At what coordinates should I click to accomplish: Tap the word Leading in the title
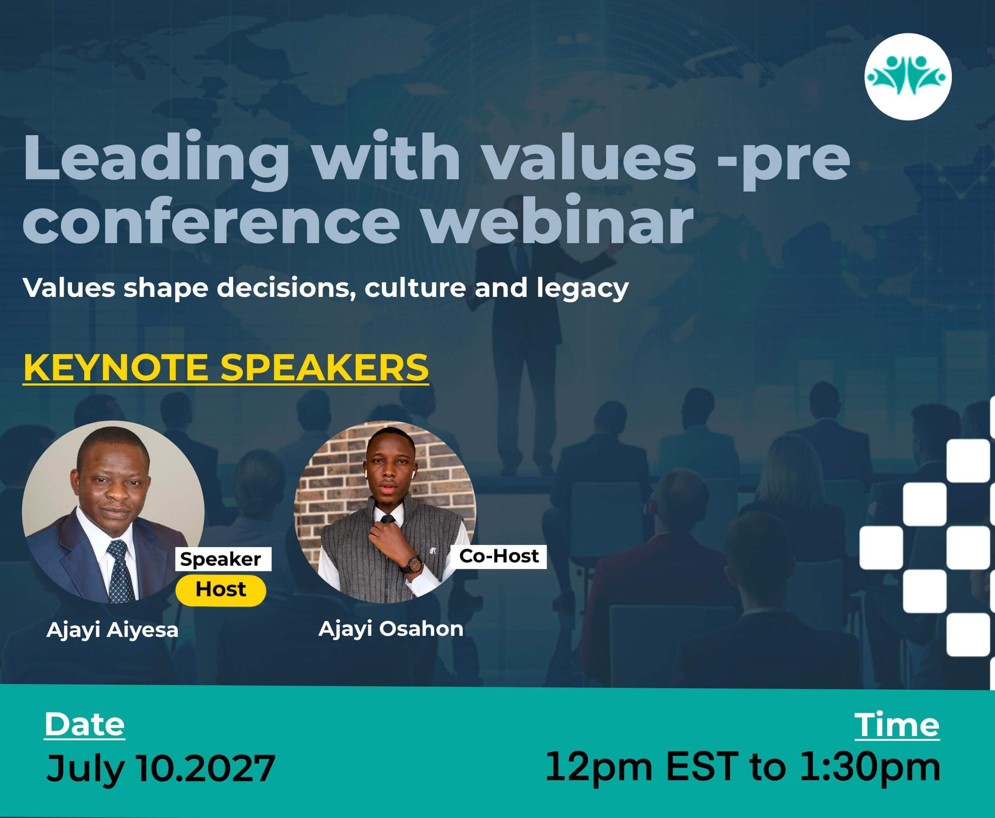[x=155, y=158]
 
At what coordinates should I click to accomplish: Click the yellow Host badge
[x=221, y=590]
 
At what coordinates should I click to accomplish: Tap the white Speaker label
[x=223, y=559]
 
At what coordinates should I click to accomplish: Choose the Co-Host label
[x=499, y=556]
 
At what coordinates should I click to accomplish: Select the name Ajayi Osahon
[x=391, y=629]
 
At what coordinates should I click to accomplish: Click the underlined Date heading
[x=85, y=725]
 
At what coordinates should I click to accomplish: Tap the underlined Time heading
[x=897, y=725]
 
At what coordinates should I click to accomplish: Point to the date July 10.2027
[x=160, y=767]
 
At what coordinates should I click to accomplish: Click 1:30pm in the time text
[x=869, y=768]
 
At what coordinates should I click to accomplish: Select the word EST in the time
[x=701, y=766]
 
